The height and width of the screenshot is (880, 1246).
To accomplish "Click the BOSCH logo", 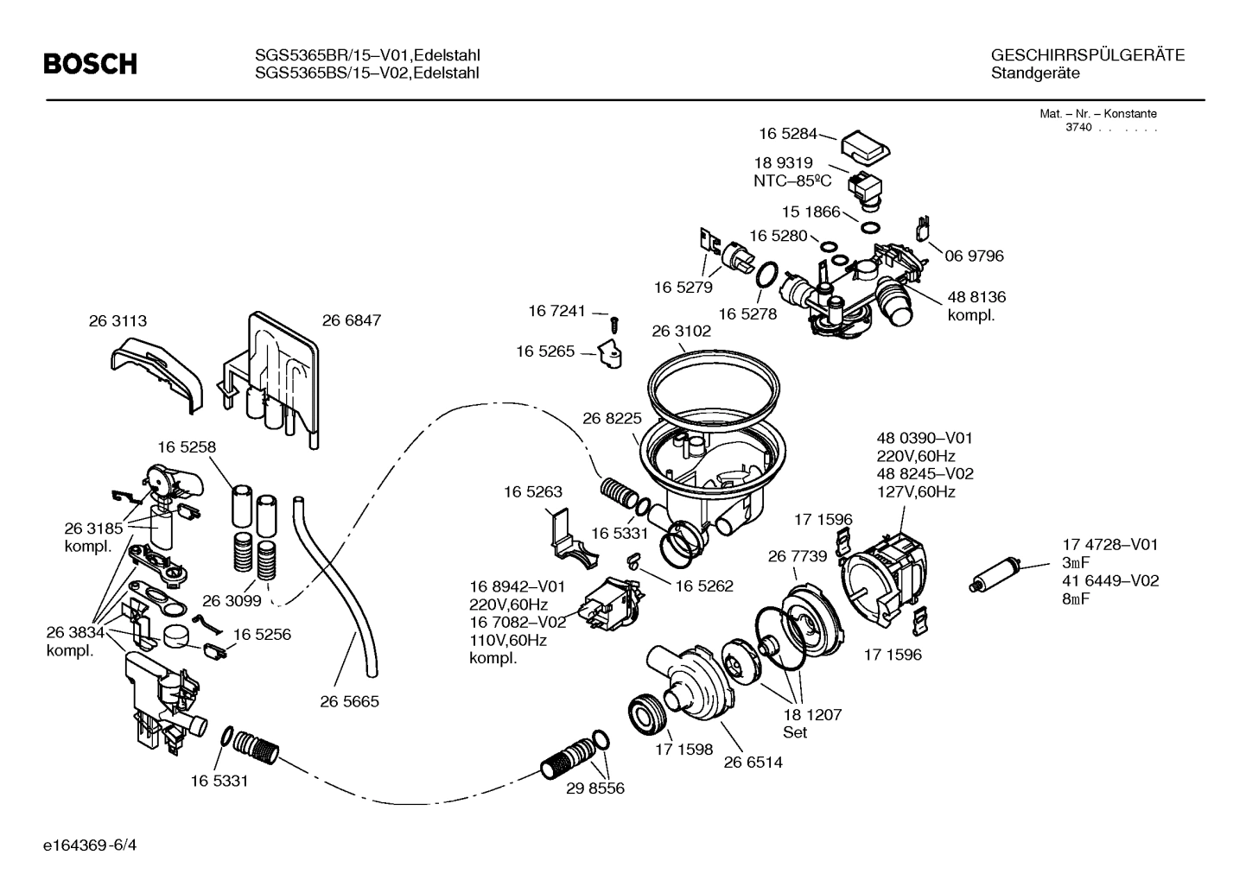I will (90, 64).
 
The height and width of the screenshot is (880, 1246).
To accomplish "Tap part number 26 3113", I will (118, 320).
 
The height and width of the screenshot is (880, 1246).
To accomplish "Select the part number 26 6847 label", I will (351, 320).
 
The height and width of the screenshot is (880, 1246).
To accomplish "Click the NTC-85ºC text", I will (792, 180).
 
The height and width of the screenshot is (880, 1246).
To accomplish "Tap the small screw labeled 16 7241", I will (614, 324).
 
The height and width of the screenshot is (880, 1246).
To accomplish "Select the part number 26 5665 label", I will (349, 701).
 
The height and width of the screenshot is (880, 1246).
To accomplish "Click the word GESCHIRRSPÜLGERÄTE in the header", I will (1088, 55).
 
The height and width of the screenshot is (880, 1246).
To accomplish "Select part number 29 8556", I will (595, 788).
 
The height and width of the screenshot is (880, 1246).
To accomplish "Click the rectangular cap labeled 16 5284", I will (866, 146).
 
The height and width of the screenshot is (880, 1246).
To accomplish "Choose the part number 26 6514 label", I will (753, 762).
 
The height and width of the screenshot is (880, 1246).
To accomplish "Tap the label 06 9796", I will (974, 256).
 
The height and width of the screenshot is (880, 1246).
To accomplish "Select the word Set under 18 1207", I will (795, 732).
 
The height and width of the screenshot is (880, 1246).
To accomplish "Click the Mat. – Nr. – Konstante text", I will (1097, 113).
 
